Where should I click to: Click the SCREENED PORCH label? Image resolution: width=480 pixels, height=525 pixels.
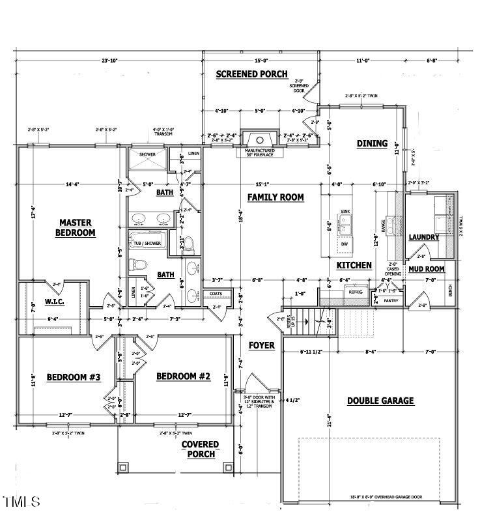coord(251,74)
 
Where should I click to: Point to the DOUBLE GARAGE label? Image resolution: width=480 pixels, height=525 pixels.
coord(380,401)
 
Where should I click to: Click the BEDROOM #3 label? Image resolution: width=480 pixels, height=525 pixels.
coord(73,376)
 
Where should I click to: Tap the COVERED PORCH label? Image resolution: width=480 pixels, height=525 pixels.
coord(201,449)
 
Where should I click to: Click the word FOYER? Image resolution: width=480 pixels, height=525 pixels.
coord(262,345)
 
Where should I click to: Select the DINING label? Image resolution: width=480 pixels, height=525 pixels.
coord(372,143)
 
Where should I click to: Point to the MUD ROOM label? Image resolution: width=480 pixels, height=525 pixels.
coord(426,268)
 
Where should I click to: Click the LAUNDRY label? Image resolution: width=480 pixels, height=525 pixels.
coord(423,238)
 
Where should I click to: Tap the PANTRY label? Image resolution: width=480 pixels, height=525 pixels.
coord(391,300)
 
